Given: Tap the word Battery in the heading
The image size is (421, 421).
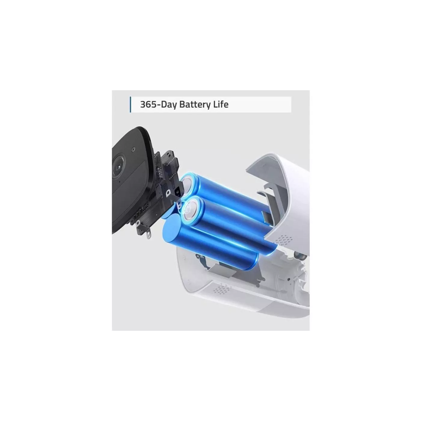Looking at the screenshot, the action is [195, 105].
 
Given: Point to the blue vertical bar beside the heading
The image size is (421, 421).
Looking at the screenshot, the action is [131, 105].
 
